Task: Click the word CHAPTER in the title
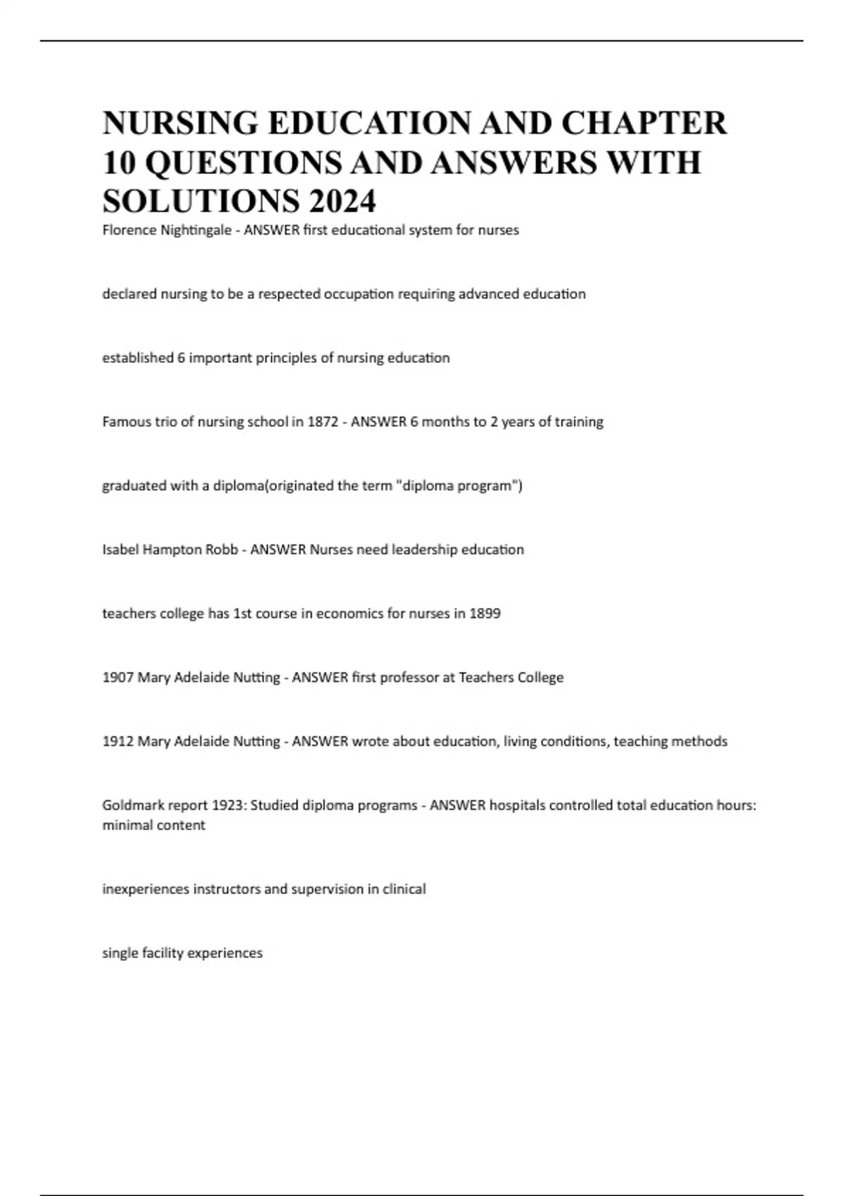(x=644, y=123)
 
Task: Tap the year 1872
(x=323, y=422)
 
